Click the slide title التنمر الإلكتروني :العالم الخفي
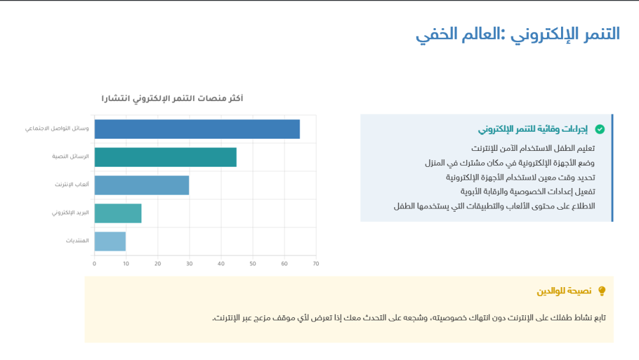(518, 34)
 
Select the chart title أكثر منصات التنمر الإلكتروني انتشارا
(172, 98)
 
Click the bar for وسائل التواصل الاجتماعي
(197, 129)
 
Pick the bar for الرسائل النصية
(166, 157)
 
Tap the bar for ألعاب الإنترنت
(142, 185)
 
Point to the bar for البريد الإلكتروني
(118, 213)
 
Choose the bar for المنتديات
(110, 241)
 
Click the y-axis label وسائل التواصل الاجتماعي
(57, 129)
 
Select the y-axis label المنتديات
(77, 241)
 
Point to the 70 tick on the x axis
(316, 263)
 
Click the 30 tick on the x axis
(189, 263)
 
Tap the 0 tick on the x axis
(95, 263)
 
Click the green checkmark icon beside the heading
(599, 129)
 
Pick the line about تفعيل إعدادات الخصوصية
(528, 191)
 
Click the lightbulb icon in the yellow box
(601, 292)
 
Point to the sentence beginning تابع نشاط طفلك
(409, 318)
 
